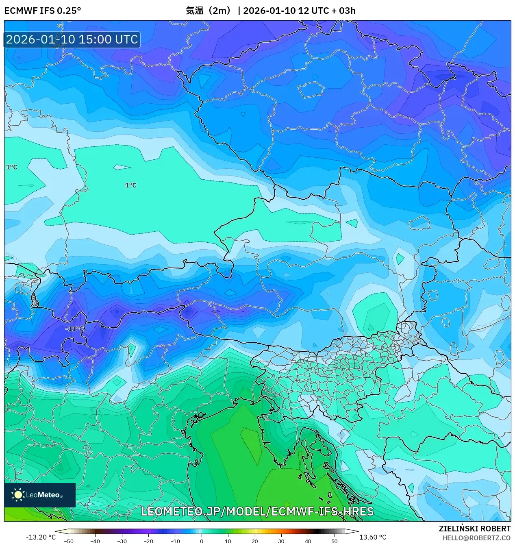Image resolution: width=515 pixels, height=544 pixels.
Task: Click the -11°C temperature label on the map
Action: [x=75, y=329]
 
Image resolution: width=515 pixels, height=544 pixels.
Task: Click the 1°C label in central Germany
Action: [x=130, y=185]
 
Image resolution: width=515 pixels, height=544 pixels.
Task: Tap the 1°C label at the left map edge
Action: [x=11, y=167]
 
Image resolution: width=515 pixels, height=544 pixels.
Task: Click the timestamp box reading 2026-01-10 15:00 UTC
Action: [x=72, y=39]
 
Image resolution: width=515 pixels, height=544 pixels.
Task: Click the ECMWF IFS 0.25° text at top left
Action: [x=43, y=11]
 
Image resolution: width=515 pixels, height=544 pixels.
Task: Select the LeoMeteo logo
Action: [x=40, y=495]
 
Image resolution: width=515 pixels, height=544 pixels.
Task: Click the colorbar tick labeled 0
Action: [x=202, y=541]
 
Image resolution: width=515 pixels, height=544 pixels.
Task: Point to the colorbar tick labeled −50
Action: [x=69, y=541]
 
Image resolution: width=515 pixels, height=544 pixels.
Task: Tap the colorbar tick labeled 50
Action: [x=334, y=541]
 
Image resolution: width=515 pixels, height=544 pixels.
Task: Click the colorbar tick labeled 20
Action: [x=254, y=541]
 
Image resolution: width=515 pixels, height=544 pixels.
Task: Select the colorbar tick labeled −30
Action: [x=122, y=541]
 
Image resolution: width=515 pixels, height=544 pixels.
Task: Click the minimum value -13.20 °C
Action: [x=41, y=537]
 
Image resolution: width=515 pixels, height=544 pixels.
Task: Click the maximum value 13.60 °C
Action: [x=373, y=537]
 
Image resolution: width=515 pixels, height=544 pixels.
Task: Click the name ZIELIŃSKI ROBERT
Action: [x=474, y=529]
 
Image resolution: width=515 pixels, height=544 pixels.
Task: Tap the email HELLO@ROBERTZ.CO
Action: [x=476, y=538]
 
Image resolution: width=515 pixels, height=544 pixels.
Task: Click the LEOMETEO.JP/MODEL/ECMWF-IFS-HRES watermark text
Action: [x=257, y=511]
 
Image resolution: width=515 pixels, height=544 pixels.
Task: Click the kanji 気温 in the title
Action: [x=194, y=11]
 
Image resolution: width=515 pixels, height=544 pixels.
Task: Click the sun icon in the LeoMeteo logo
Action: [x=18, y=495]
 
